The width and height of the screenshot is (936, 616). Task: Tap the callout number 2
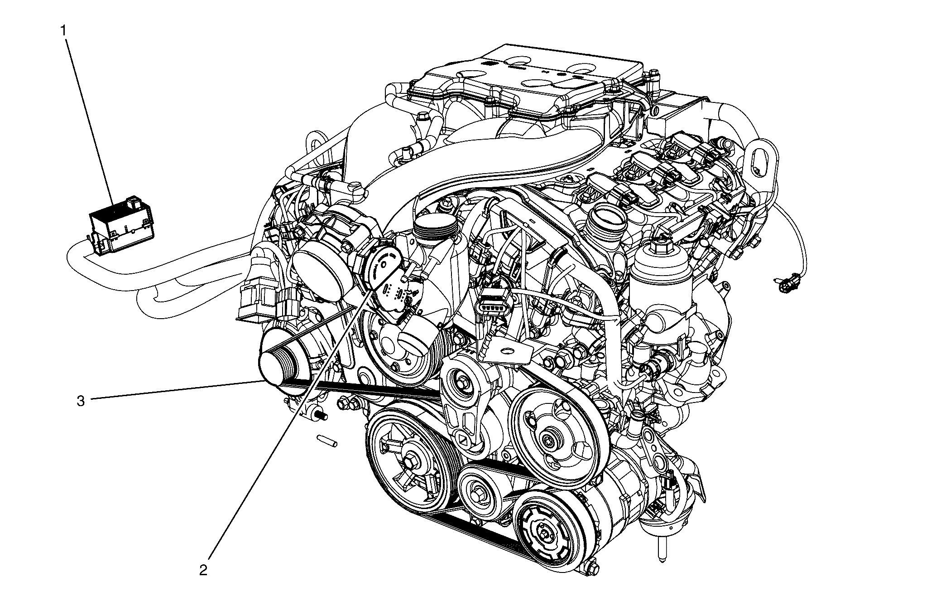click(203, 569)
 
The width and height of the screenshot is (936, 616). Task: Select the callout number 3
click(81, 401)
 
